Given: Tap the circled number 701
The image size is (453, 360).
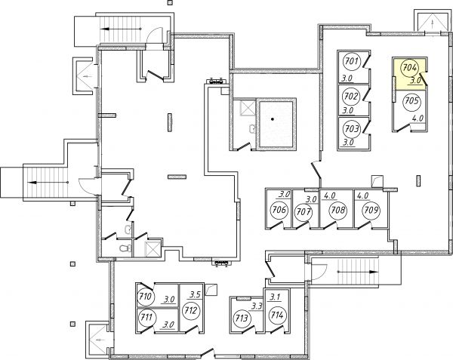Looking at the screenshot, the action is tap(352, 61).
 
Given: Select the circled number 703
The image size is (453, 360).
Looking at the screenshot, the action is tap(352, 128).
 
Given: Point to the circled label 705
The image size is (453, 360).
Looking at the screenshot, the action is tap(412, 101).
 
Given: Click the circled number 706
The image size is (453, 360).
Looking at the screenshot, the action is tap(279, 210).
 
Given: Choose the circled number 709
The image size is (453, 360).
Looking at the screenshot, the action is tap(371, 210).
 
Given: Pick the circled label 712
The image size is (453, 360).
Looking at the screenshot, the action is tap(191, 311).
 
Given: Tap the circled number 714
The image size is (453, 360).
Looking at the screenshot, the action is tap(277, 315).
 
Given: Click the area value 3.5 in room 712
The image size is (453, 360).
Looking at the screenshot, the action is tap(195, 295).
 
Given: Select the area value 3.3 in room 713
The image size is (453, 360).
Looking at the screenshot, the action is tap(256, 306).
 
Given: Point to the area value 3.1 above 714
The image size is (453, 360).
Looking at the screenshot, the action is tap(275, 297).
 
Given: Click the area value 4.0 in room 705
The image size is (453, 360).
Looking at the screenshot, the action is tap(418, 118).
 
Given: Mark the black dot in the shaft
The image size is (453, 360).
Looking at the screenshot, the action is tap(273, 119).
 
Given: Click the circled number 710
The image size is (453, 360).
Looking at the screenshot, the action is tap(145, 297).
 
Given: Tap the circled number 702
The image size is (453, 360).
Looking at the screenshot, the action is tap(352, 96).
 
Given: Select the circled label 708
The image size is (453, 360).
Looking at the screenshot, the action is tap(338, 210).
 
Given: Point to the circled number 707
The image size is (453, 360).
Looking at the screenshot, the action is tap(304, 212).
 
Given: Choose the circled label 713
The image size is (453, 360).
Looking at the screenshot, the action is tap(242, 318).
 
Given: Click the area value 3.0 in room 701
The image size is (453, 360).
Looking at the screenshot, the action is tap(347, 78).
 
